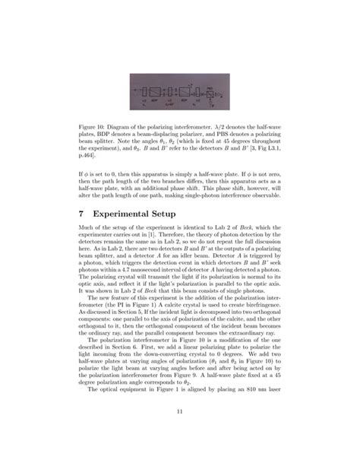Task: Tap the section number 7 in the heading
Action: [82, 214]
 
